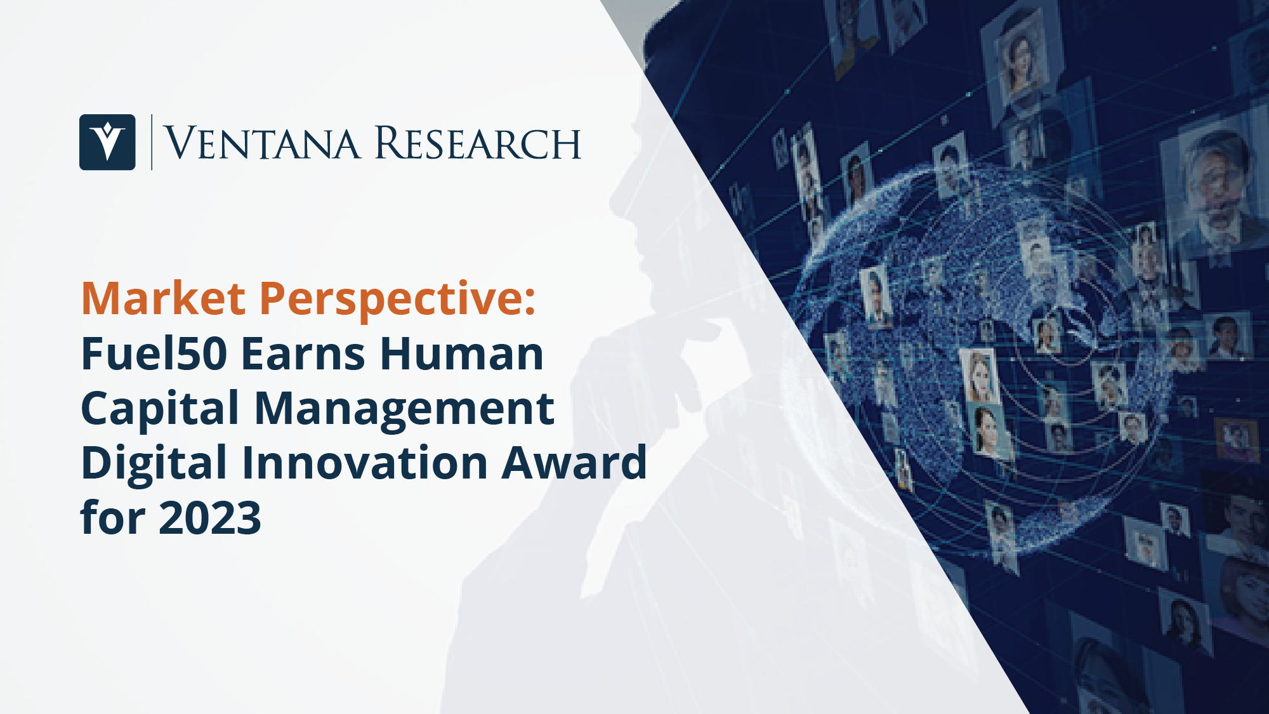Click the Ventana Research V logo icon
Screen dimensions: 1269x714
tap(107, 142)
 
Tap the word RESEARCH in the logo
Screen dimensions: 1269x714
tap(478, 143)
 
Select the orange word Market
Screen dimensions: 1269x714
tap(163, 298)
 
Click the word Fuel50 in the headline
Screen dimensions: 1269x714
tap(154, 354)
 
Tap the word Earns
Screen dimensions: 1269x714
tap(303, 354)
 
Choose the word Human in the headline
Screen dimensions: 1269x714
tap(461, 354)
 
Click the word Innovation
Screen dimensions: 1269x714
tap(365, 463)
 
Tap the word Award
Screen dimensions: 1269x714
tap(574, 463)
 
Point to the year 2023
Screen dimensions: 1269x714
tap(209, 518)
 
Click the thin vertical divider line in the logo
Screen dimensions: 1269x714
tap(152, 142)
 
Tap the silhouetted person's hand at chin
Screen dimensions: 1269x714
tap(660, 355)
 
